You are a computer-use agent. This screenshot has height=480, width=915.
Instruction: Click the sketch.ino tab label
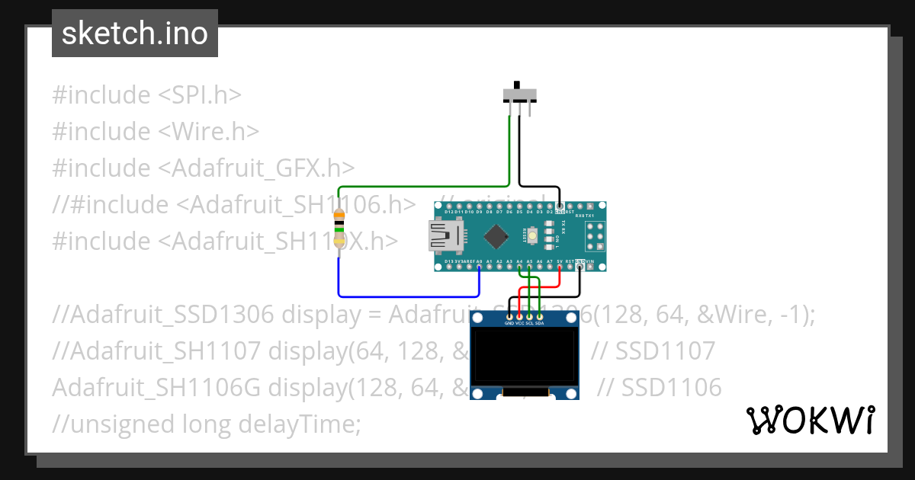(134, 34)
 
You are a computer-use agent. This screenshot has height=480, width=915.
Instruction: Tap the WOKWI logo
(810, 420)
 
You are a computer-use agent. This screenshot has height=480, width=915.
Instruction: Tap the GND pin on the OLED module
(509, 316)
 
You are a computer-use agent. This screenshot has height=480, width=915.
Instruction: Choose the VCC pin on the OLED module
(519, 316)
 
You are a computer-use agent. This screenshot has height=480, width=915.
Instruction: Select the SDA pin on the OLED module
(539, 316)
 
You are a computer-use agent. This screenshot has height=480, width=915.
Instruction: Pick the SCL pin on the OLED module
(529, 316)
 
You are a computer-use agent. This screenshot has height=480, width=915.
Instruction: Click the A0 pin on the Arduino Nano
(479, 267)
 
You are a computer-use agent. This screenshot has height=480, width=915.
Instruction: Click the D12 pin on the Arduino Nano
(440, 206)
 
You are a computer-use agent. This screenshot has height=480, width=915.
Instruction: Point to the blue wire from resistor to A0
(404, 296)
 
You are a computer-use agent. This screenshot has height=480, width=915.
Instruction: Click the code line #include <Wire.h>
(156, 131)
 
